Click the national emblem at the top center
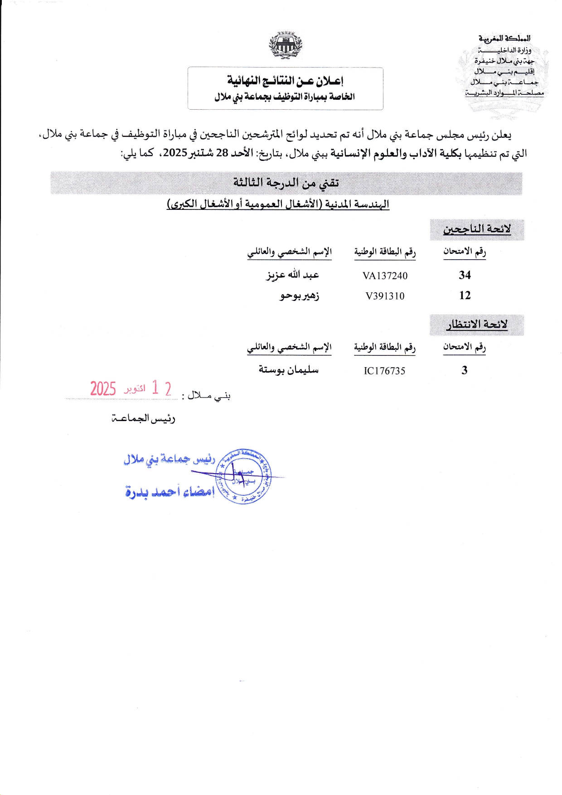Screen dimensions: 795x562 (286, 45)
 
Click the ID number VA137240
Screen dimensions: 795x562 (385, 276)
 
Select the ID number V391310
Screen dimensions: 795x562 (385, 296)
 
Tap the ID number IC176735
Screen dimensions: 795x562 (384, 371)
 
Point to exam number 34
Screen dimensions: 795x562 (465, 275)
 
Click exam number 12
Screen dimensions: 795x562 (465, 296)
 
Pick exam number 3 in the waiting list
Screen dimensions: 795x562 (464, 370)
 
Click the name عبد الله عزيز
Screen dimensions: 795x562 (293, 275)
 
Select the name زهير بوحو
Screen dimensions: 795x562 (299, 296)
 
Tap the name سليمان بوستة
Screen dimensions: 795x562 (289, 370)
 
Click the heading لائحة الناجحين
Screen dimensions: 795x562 (477, 229)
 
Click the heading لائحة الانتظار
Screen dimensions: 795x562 (477, 325)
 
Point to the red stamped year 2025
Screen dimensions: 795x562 (103, 389)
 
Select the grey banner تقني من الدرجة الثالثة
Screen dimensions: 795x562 (286, 183)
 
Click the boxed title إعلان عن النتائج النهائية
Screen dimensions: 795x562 (285, 81)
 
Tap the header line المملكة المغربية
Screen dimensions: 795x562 (504, 39)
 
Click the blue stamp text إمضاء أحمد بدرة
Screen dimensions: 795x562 (170, 491)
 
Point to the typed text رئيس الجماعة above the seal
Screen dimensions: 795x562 (143, 419)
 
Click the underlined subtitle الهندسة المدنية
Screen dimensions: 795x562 (278, 204)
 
